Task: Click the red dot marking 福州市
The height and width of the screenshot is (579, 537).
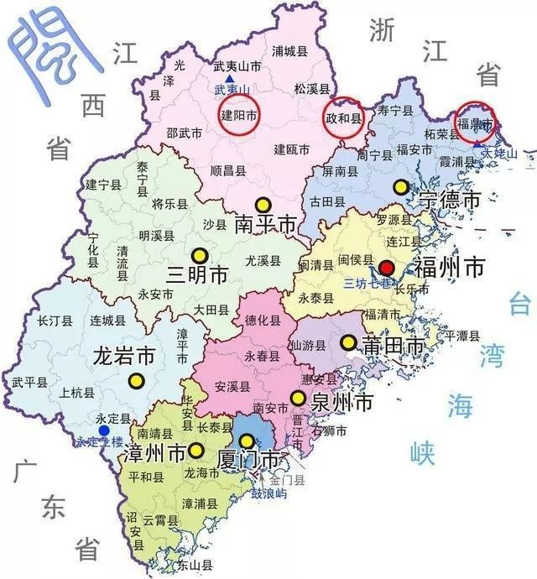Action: pyautogui.click(x=387, y=269)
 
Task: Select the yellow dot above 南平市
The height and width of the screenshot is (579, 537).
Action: pyautogui.click(x=264, y=204)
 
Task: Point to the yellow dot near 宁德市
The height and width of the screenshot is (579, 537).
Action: pyautogui.click(x=402, y=186)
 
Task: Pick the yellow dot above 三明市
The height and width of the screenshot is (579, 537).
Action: pyautogui.click(x=199, y=255)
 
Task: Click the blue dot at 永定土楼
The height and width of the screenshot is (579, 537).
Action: pyautogui.click(x=103, y=430)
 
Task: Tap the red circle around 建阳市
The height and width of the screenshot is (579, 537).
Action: pyautogui.click(x=238, y=115)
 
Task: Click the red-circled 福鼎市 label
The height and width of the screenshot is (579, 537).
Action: pyautogui.click(x=474, y=122)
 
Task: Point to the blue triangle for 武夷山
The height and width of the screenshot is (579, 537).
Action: pyautogui.click(x=229, y=79)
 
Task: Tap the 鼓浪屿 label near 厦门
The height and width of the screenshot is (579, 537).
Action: pyautogui.click(x=269, y=494)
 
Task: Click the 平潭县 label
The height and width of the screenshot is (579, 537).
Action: pyautogui.click(x=461, y=336)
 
